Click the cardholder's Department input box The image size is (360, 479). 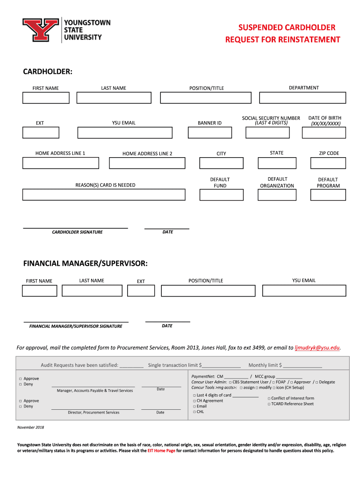(x=302, y=97)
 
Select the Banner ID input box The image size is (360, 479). (x=209, y=132)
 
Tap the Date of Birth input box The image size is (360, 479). (x=324, y=132)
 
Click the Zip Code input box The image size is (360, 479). (x=329, y=163)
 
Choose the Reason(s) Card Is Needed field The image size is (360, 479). (x=104, y=195)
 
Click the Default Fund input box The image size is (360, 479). (x=220, y=195)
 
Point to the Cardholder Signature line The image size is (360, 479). (x=76, y=227)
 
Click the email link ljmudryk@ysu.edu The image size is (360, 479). (x=317, y=348)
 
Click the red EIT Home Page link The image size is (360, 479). (x=161, y=451)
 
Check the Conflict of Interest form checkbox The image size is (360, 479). (x=269, y=399)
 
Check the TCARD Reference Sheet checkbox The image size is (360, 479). (x=269, y=404)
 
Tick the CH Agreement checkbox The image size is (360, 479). (x=194, y=401)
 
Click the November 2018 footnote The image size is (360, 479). (x=30, y=427)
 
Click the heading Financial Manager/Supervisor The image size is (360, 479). (x=86, y=264)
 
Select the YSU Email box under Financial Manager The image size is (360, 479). (x=304, y=290)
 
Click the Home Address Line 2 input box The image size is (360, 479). (x=147, y=163)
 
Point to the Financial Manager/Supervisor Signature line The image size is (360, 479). (x=76, y=321)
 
